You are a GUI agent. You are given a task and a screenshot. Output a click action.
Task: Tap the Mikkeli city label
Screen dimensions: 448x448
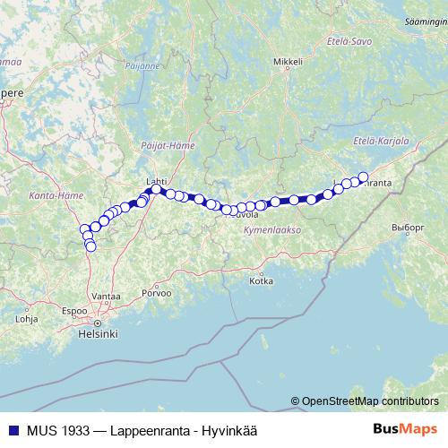pyautogui.click(x=289, y=62)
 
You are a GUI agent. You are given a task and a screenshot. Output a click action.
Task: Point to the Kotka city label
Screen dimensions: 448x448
pyautogui.click(x=261, y=280)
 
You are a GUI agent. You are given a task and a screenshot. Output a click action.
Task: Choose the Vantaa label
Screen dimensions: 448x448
pyautogui.click(x=106, y=295)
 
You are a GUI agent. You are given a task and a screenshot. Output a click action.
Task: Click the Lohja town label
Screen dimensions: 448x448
pyautogui.click(x=27, y=318)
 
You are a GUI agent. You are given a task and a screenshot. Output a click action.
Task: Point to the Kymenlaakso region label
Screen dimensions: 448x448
pyautogui.click(x=271, y=230)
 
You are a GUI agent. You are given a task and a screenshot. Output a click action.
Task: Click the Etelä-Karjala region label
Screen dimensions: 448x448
pyautogui.click(x=381, y=141)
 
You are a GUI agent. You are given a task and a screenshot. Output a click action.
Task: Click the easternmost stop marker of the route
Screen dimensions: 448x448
pyautogui.click(x=363, y=177)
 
